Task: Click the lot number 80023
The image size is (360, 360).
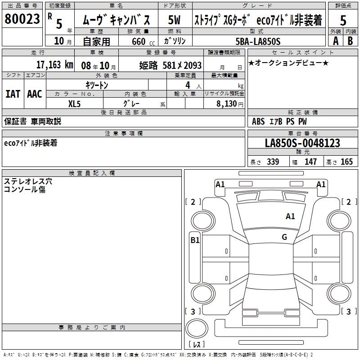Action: pyautogui.click(x=21, y=19)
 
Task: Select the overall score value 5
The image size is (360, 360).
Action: pyautogui.click(x=343, y=20)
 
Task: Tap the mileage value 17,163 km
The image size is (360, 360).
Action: pyautogui.click(x=54, y=64)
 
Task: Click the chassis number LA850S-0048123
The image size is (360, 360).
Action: pyautogui.click(x=302, y=143)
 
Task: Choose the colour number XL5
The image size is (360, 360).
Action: pyautogui.click(x=75, y=103)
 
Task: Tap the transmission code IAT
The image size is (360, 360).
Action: pyautogui.click(x=13, y=94)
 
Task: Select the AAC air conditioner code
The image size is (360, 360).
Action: pyautogui.click(x=35, y=94)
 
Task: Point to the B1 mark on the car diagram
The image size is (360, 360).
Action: pyautogui.click(x=195, y=240)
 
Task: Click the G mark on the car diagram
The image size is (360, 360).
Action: pyautogui.click(x=284, y=237)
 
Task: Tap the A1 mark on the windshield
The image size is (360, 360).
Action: pyautogui.click(x=290, y=216)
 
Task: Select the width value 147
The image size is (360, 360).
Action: pyautogui.click(x=310, y=162)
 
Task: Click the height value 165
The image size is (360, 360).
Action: pyautogui.click(x=347, y=162)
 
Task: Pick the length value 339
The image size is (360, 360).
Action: pyautogui.click(x=273, y=162)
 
